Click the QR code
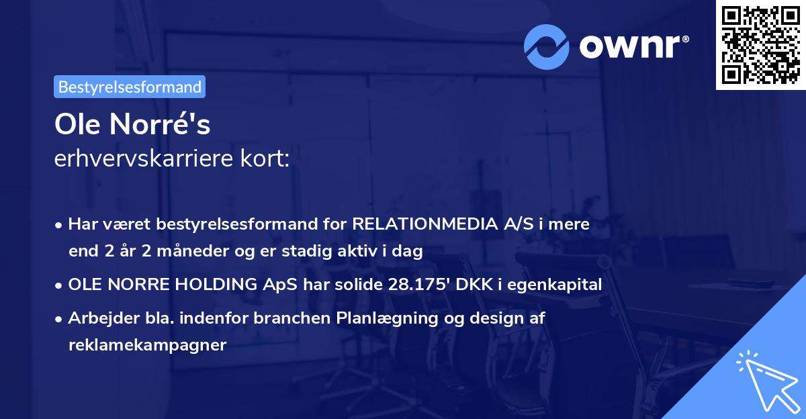tap(760, 45)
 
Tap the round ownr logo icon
tap(547, 46)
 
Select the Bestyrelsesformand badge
tap(130, 87)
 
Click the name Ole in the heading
tap(77, 124)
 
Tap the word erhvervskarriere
tap(136, 159)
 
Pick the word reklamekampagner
tap(147, 345)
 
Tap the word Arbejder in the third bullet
tap(97, 318)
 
